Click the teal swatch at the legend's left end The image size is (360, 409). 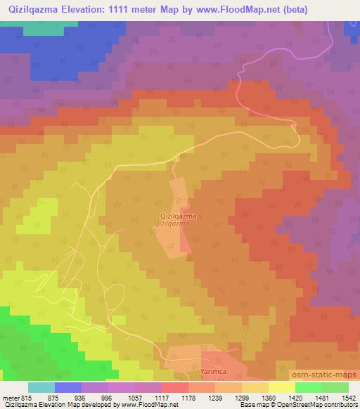(x=41, y=387)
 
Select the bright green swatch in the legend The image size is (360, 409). (x=309, y=387)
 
